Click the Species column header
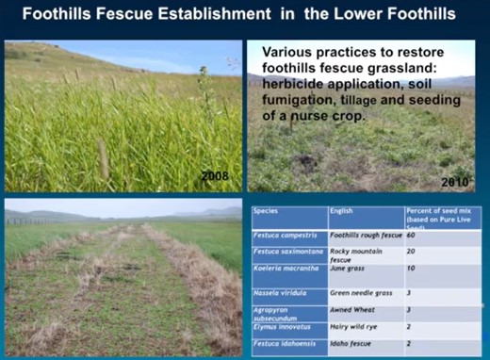(267, 212)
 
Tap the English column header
(342, 212)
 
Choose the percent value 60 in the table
(412, 235)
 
